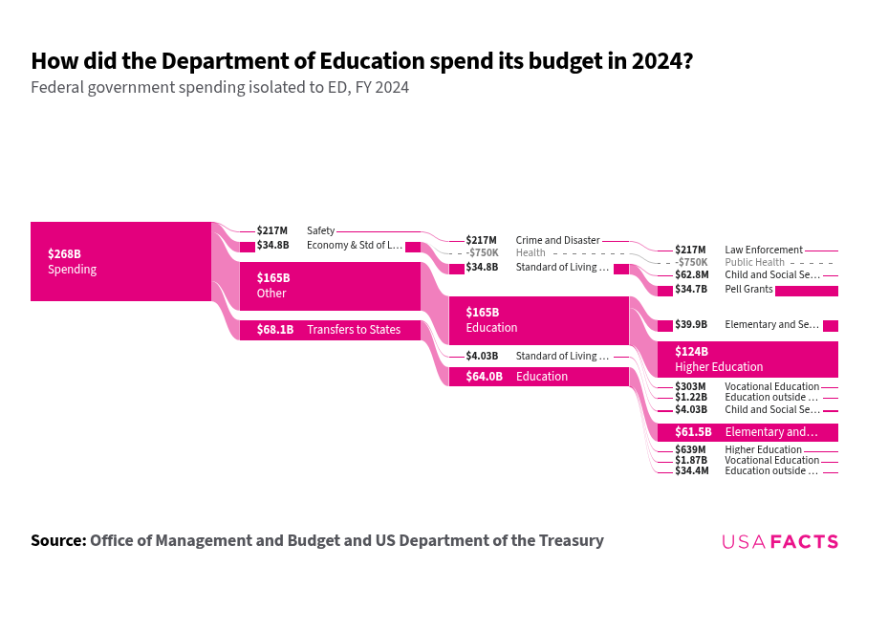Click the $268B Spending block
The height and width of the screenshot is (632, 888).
point(120,261)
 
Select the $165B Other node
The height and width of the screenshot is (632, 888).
point(330,285)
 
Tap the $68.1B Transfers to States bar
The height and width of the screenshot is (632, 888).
point(330,330)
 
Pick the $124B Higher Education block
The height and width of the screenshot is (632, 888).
point(747,359)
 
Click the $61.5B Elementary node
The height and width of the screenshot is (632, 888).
point(747,432)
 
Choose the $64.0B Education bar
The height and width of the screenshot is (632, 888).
point(538,377)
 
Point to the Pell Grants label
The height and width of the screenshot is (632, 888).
point(748,289)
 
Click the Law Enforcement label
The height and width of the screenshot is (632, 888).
point(763,250)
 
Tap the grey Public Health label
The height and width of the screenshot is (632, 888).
point(754,262)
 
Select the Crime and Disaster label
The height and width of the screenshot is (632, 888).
point(557,240)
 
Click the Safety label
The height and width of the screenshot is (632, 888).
point(320,230)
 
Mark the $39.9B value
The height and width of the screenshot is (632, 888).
point(691,324)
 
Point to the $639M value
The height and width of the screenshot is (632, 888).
point(690,449)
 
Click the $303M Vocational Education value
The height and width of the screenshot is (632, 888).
point(690,386)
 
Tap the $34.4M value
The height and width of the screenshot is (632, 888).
point(692,470)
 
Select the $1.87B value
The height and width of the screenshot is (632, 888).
point(691,460)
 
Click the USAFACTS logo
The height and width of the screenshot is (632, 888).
point(779,542)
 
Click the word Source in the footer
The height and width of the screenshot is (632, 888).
point(57,540)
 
